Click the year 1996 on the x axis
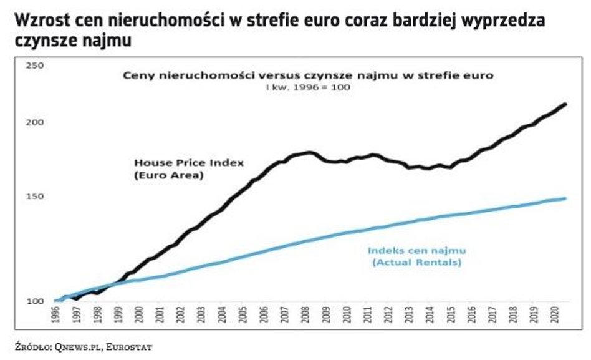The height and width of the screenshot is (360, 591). click(x=57, y=316)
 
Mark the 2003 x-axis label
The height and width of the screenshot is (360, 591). click(x=201, y=316)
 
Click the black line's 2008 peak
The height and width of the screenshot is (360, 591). click(x=308, y=153)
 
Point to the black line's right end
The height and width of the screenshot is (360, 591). click(x=565, y=104)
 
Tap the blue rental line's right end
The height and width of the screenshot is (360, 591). click(x=565, y=198)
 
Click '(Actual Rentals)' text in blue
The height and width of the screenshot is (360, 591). click(x=416, y=263)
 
